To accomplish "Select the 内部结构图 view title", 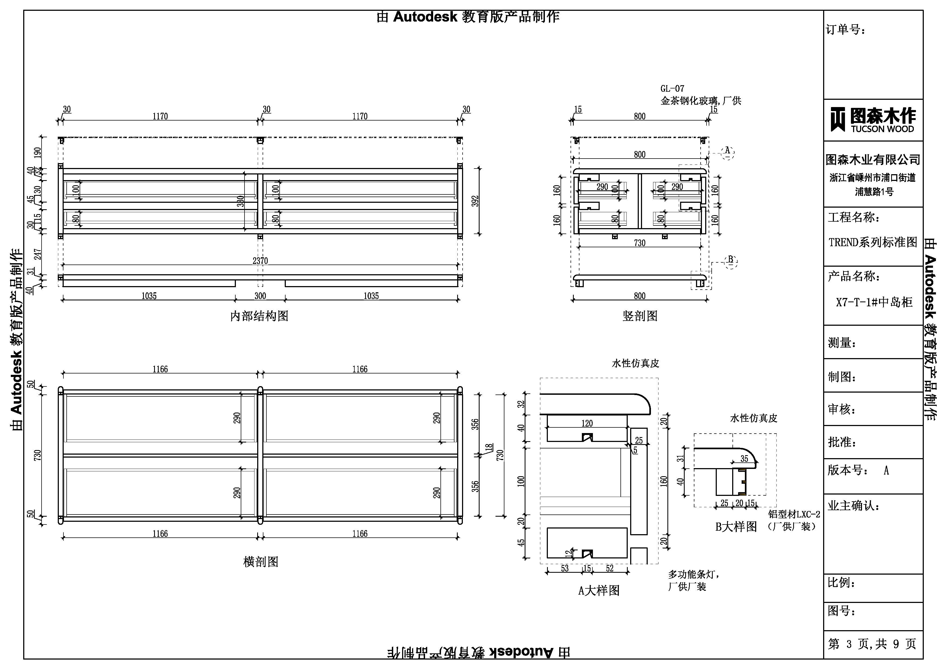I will (259, 316).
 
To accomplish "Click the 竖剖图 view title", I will (640, 316).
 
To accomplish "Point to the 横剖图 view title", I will (261, 562).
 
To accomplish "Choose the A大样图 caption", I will (599, 591).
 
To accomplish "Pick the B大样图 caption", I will (736, 527).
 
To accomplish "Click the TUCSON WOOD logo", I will (873, 120).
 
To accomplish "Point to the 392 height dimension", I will (475, 201).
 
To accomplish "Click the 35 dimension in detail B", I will (744, 458).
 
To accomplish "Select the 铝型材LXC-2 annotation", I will (794, 514).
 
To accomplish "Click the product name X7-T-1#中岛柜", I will (874, 302).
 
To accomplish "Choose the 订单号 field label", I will (845, 30).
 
